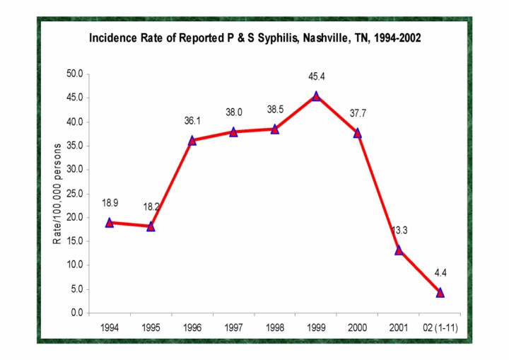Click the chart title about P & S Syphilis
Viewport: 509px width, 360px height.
[255, 38]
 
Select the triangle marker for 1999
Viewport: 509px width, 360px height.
[316, 96]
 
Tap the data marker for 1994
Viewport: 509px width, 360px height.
[110, 222]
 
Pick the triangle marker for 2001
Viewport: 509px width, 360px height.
[399, 250]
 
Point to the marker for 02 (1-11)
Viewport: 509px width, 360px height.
[440, 292]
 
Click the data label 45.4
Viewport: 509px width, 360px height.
[316, 76]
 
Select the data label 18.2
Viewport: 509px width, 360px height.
[151, 209]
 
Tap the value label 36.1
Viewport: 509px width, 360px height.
[192, 121]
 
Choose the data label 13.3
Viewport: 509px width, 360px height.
[399, 230]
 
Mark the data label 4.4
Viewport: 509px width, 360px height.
[440, 273]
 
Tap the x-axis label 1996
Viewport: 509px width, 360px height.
[192, 327]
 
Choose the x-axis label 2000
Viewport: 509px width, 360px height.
[357, 327]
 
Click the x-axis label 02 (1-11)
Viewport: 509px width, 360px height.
[438, 327]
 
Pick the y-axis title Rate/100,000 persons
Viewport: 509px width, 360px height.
[58, 193]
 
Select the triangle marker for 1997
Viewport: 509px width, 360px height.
[233, 132]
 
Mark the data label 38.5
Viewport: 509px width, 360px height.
[275, 110]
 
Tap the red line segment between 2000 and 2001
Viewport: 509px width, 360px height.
[378, 191]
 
